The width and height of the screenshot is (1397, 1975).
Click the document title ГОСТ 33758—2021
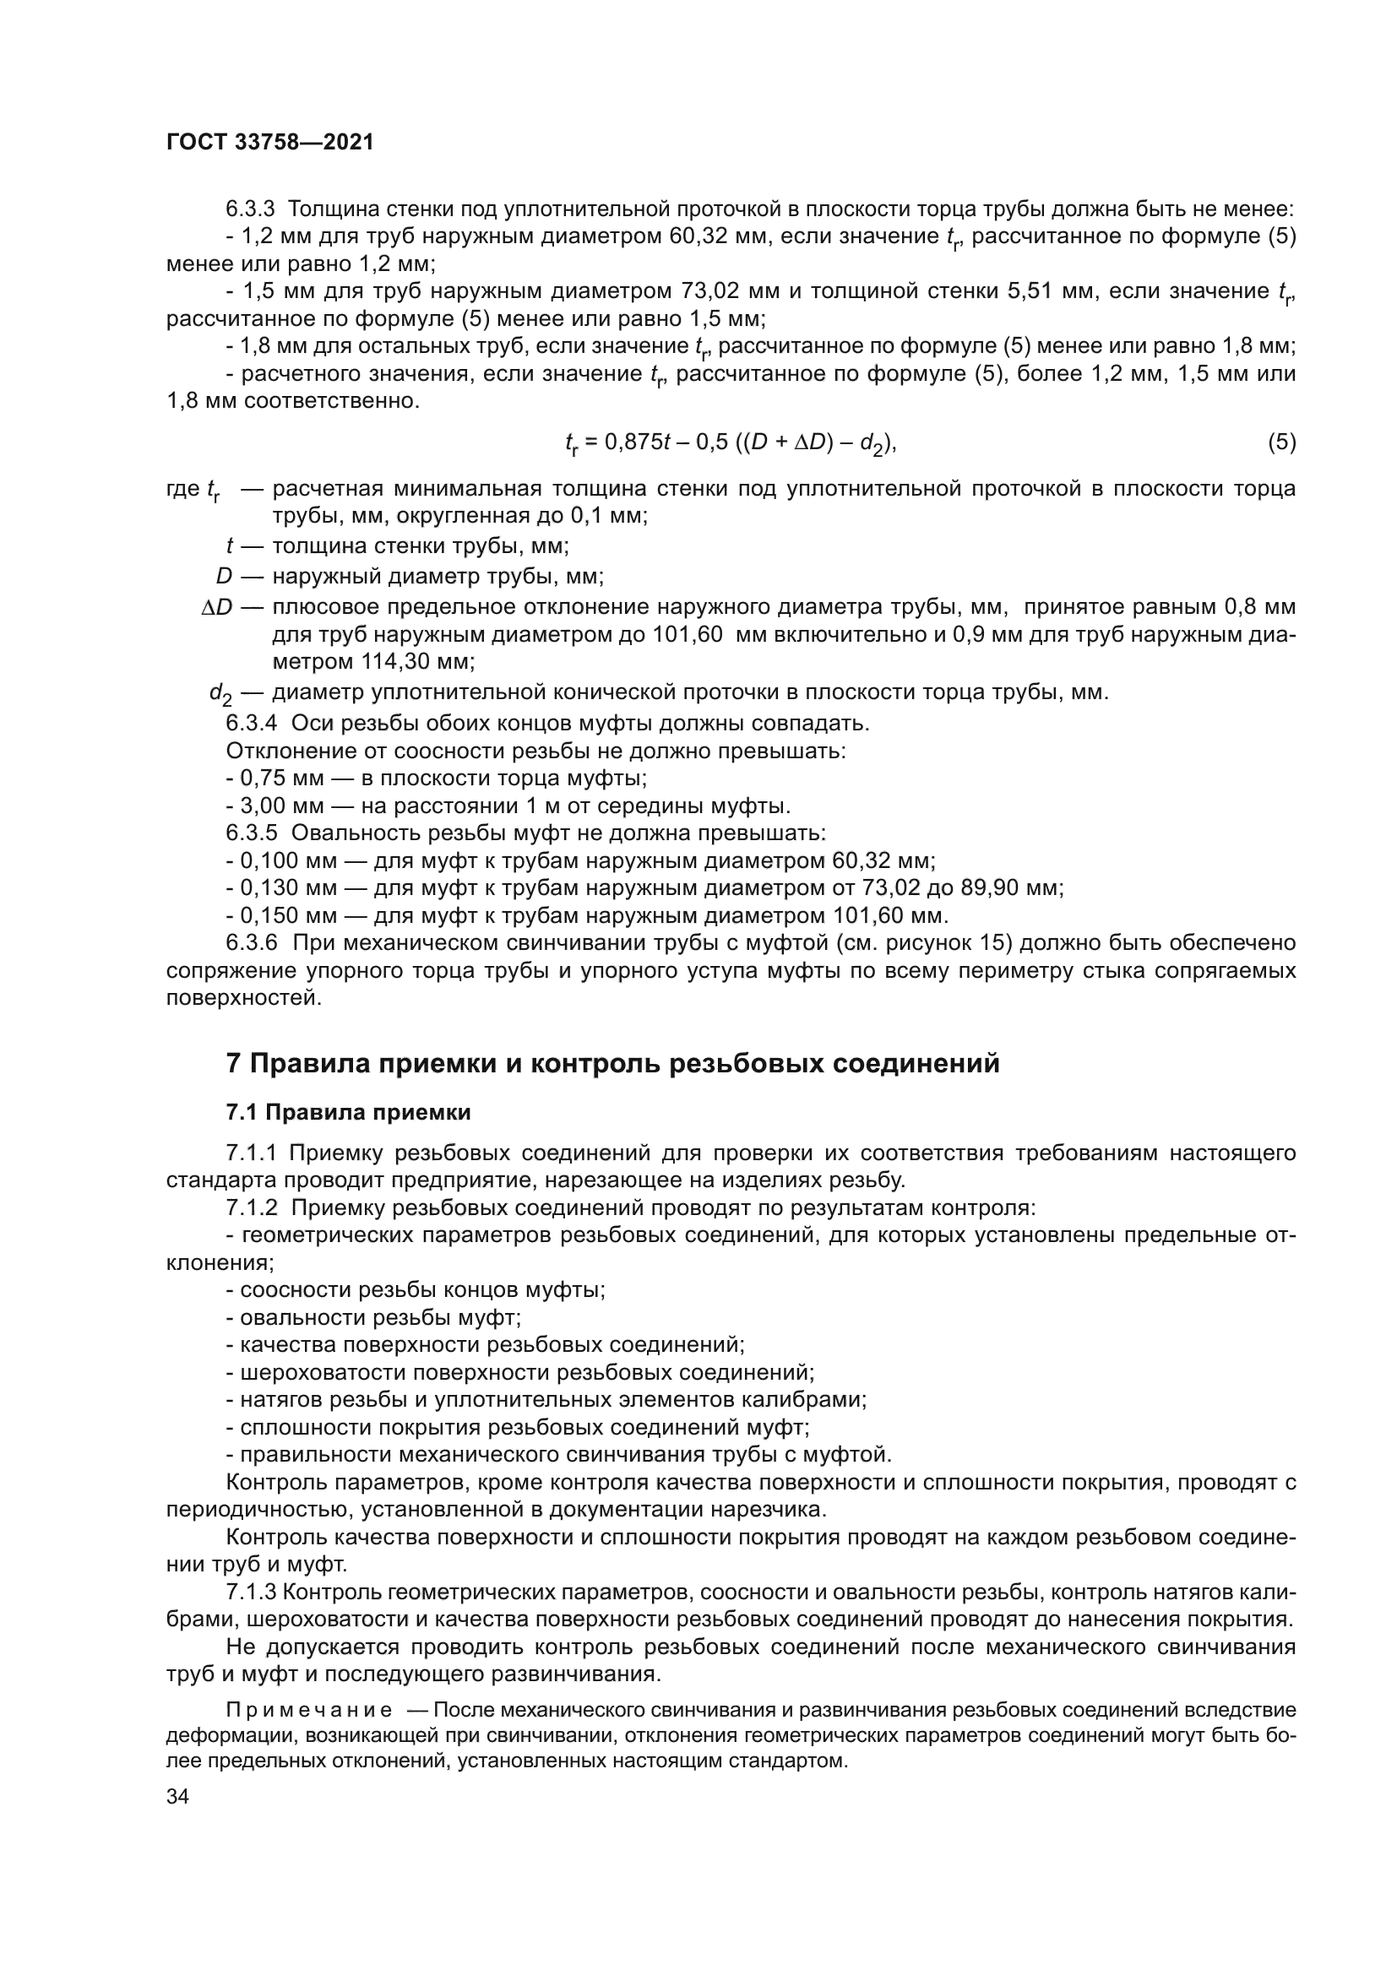pyautogui.click(x=269, y=143)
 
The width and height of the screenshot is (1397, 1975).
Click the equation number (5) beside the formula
pyautogui.click(x=1281, y=442)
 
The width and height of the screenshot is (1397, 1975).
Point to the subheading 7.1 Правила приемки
pyautogui.click(x=348, y=1112)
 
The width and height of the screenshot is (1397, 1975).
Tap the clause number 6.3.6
pyautogui.click(x=251, y=943)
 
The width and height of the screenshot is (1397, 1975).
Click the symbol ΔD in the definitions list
pyautogui.click(x=217, y=607)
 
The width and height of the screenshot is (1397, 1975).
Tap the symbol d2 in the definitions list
pyautogui.click(x=220, y=693)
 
